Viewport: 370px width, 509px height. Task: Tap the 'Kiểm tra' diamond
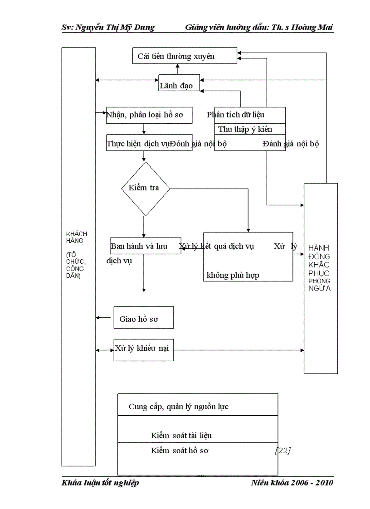tap(145, 188)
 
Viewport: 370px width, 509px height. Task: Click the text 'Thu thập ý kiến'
tap(245, 129)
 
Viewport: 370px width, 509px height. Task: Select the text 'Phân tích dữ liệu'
tap(236, 115)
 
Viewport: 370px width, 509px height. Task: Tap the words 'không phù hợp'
tap(233, 275)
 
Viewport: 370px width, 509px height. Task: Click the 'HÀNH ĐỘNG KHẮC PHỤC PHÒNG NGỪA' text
tap(320, 267)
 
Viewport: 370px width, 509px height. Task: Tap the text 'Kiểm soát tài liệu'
tap(181, 436)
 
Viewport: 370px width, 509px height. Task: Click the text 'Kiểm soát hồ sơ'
tap(179, 451)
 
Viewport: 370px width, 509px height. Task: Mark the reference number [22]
tap(282, 451)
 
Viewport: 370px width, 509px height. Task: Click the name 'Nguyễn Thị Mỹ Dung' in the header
tap(115, 28)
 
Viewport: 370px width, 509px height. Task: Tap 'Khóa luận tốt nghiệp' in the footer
tap(100, 482)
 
